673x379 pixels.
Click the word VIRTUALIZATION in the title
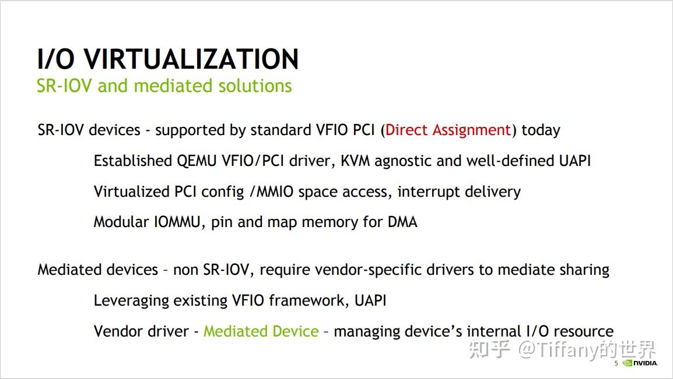click(x=191, y=59)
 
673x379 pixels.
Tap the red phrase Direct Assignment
click(x=448, y=130)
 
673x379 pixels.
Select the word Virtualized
click(x=132, y=192)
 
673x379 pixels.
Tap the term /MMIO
click(x=271, y=192)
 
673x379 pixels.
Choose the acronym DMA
click(x=402, y=222)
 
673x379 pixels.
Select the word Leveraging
click(x=131, y=301)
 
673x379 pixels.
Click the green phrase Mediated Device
click(x=261, y=331)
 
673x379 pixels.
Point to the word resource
click(x=583, y=331)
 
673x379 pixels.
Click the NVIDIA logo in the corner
click(x=640, y=363)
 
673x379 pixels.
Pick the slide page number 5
click(x=616, y=363)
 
